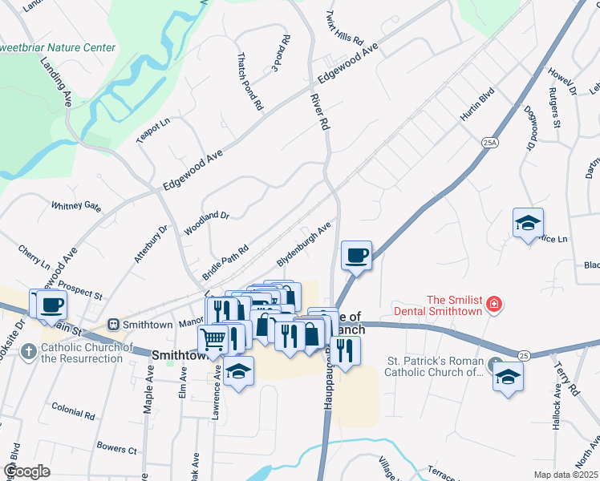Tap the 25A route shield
pos(490,142)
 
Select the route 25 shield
pos(523,355)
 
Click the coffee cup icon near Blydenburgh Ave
pos(356,256)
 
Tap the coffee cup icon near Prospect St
pos(52,304)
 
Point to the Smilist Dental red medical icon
pos(494,305)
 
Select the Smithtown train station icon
pos(114,325)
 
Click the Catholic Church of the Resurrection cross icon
pos(29,351)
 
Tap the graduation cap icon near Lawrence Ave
pos(239,372)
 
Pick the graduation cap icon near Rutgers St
pos(528,224)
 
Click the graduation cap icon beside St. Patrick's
pos(508,376)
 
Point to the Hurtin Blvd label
pos(476,105)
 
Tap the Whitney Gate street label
pos(76,206)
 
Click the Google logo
pos(26,471)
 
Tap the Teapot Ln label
pos(153,131)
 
